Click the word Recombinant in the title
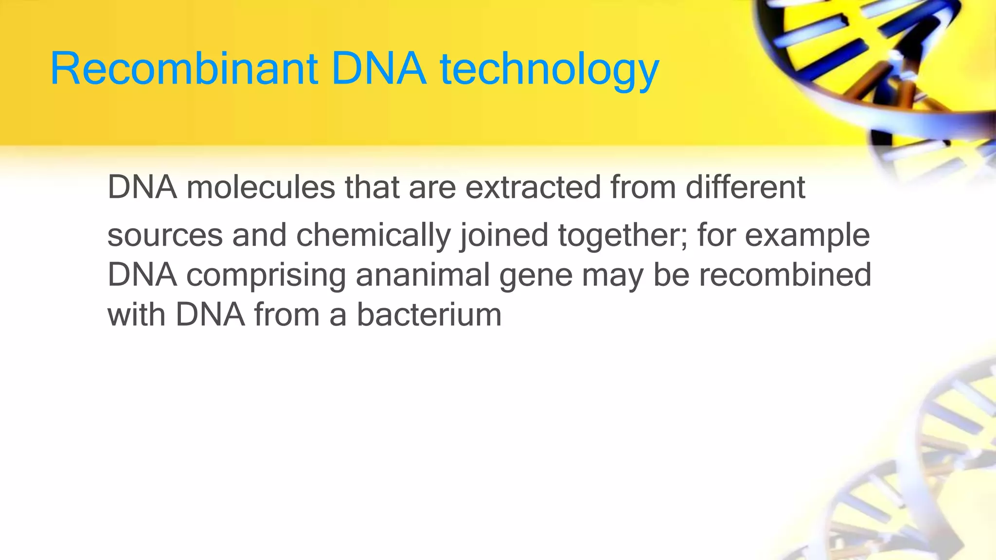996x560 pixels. [x=184, y=69]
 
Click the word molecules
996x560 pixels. [x=261, y=188]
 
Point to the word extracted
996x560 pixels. [x=533, y=188]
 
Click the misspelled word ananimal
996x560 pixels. [x=422, y=275]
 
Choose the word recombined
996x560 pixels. [x=785, y=275]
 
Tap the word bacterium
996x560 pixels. [x=429, y=315]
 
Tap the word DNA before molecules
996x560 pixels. [x=142, y=188]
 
